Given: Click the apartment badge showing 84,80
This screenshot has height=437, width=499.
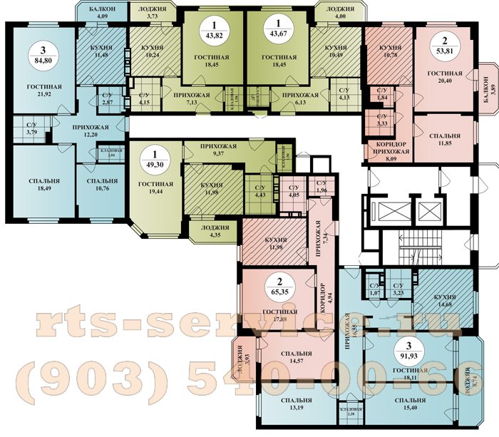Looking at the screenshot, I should tap(45, 53).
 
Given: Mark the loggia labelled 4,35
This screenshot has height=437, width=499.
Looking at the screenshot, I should tap(211, 232).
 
